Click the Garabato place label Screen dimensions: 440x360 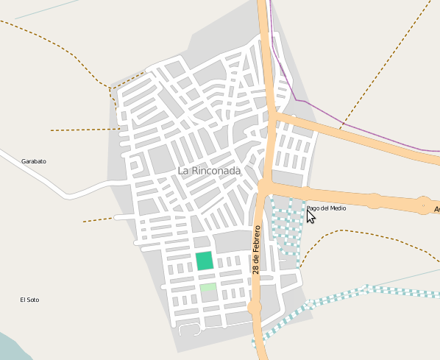point(34,160)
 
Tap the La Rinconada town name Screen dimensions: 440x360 point(209,171)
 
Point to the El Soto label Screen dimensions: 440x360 point(29,300)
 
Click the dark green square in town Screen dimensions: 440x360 point(205,261)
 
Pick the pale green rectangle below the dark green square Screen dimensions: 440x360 point(208,287)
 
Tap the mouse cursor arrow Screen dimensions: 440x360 point(311,216)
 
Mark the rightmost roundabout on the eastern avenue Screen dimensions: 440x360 point(425,205)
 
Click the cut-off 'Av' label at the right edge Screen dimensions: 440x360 point(436,210)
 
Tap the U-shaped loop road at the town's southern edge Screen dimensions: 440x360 point(189,328)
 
